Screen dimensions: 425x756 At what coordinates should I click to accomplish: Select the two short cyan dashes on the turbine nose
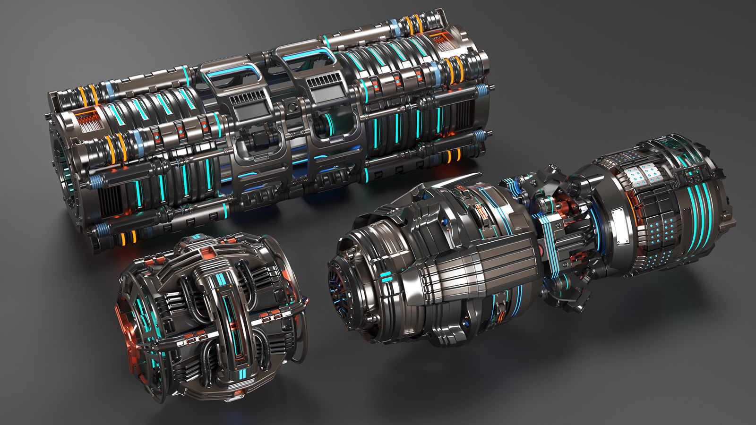pyautogui.click(x=386, y=277)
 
